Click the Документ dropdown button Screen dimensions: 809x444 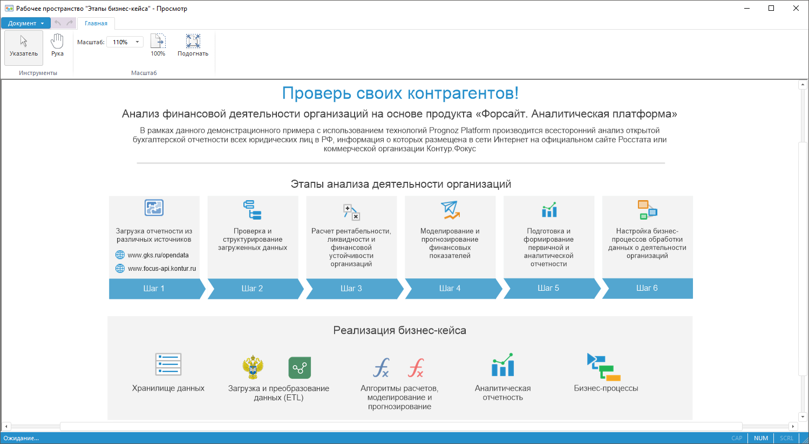tap(26, 23)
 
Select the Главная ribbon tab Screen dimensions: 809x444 tap(96, 23)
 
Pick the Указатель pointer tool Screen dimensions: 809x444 tap(23, 47)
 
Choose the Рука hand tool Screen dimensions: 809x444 tap(57, 45)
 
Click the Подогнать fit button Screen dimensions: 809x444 tap(193, 45)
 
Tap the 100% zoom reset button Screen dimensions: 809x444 tap(158, 45)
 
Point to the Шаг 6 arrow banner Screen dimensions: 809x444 tap(647, 289)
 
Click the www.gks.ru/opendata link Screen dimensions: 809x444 tap(158, 255)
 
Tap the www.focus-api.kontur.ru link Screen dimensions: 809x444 tap(162, 269)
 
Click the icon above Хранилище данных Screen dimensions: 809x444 tap(168, 364)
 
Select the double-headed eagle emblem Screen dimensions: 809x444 tap(253, 367)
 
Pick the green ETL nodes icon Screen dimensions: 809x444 tap(300, 368)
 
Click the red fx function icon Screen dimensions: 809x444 tap(416, 368)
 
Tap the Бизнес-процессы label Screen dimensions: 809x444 tap(606, 388)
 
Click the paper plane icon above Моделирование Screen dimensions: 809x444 tap(450, 210)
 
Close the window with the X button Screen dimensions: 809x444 tap(796, 8)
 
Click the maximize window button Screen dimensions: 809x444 tap(771, 8)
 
